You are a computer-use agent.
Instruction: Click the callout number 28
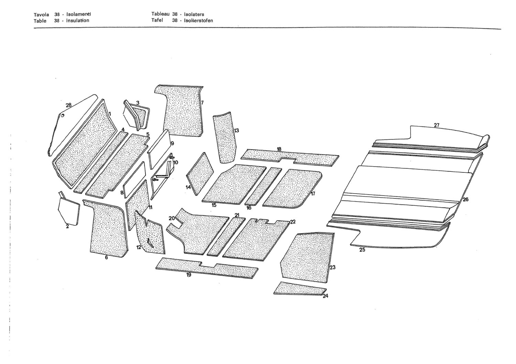69,105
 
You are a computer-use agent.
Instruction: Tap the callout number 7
202,103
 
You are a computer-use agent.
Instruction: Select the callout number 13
237,130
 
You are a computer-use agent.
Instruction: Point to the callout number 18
279,149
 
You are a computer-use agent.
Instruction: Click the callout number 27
437,125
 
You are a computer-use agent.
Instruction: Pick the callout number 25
362,250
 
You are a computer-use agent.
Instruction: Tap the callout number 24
325,296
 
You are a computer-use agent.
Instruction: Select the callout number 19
189,275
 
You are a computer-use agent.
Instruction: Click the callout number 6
106,258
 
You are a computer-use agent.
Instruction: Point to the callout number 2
67,227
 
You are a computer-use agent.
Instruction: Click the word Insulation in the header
78,21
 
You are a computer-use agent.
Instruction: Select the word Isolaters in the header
194,14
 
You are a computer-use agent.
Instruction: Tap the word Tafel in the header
157,20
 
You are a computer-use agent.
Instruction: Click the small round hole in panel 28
62,115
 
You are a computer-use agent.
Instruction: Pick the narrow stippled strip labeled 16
263,186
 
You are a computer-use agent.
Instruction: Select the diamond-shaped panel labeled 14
200,174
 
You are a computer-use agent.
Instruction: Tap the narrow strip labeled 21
226,237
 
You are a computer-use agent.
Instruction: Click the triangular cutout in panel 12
150,243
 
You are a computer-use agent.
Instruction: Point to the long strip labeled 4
101,162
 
